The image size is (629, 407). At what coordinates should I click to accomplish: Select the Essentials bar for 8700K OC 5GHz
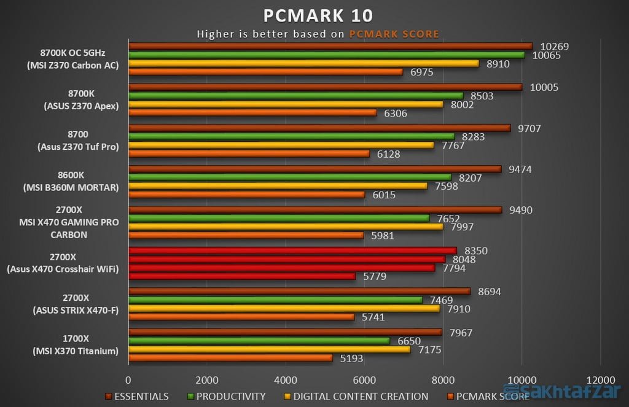tap(330, 46)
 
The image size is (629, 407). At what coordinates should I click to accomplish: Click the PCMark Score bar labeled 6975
tap(265, 72)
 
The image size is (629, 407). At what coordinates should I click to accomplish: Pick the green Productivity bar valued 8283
tap(291, 137)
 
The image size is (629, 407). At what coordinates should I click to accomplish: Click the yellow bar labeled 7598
tap(278, 186)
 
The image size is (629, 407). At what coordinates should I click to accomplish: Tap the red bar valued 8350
tap(292, 250)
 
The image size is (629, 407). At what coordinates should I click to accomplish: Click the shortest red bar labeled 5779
tap(241, 276)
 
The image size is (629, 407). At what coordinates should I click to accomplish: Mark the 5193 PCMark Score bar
tap(230, 358)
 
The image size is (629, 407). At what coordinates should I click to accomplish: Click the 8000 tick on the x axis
tap(442, 379)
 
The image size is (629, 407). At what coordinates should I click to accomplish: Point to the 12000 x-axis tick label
tap(600, 379)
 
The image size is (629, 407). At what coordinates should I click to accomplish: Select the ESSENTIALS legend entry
tap(138, 397)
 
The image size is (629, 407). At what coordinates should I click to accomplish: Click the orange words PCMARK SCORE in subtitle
tap(394, 34)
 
